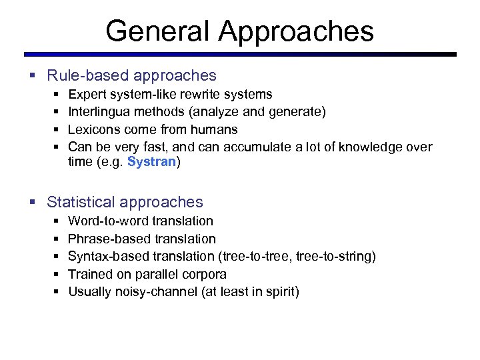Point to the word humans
pos(214,129)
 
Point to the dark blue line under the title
pos(240,54)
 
